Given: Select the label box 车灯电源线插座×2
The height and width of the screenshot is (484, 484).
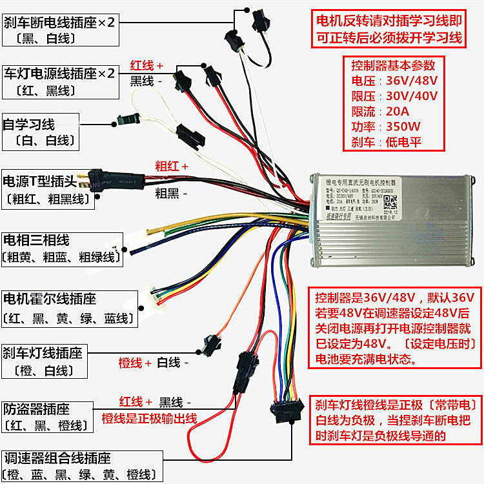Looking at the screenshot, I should coord(59,81).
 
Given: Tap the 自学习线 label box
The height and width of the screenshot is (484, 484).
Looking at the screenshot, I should coord(40,131).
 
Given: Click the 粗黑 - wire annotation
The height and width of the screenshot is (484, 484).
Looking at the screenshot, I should coord(172,192).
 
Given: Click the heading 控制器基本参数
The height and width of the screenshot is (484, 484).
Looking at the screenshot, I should coord(394,66).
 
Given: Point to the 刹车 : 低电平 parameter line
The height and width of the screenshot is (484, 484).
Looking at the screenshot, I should coord(394,141).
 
